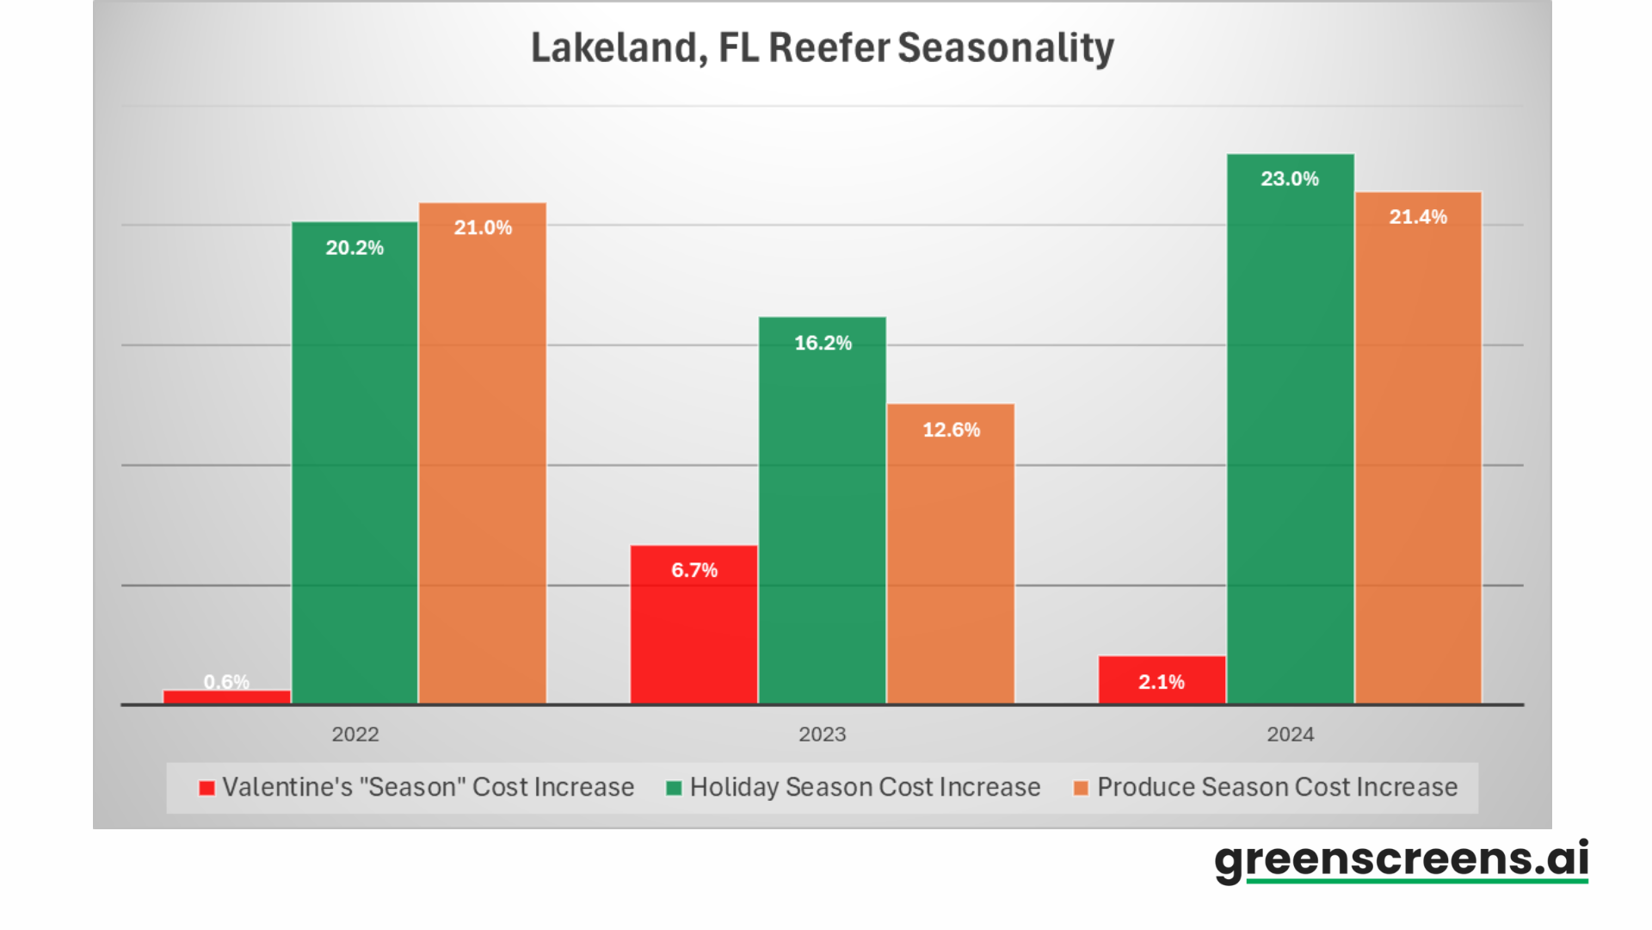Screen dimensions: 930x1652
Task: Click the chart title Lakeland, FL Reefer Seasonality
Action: click(x=822, y=48)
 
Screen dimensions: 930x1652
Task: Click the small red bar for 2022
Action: click(x=227, y=697)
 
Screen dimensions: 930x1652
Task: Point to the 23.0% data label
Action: click(x=1290, y=179)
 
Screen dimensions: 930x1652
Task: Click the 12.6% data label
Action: click(x=951, y=430)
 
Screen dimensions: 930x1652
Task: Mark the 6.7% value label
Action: click(x=694, y=570)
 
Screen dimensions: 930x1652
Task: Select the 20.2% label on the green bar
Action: click(x=354, y=248)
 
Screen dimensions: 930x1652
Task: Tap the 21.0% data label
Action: click(x=483, y=227)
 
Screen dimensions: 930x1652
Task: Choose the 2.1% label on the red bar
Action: click(x=1162, y=682)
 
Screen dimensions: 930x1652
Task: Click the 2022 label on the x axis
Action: click(x=355, y=735)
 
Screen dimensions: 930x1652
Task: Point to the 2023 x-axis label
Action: click(x=823, y=735)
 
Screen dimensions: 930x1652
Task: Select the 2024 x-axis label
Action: click(x=1290, y=735)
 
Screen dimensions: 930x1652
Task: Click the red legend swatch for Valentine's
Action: click(x=206, y=788)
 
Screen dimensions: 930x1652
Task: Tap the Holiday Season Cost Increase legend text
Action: click(x=865, y=787)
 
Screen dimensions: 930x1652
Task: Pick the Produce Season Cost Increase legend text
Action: click(x=1277, y=787)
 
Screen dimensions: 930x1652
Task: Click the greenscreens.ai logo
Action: click(x=1401, y=860)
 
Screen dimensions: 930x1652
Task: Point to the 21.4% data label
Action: click(x=1418, y=217)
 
